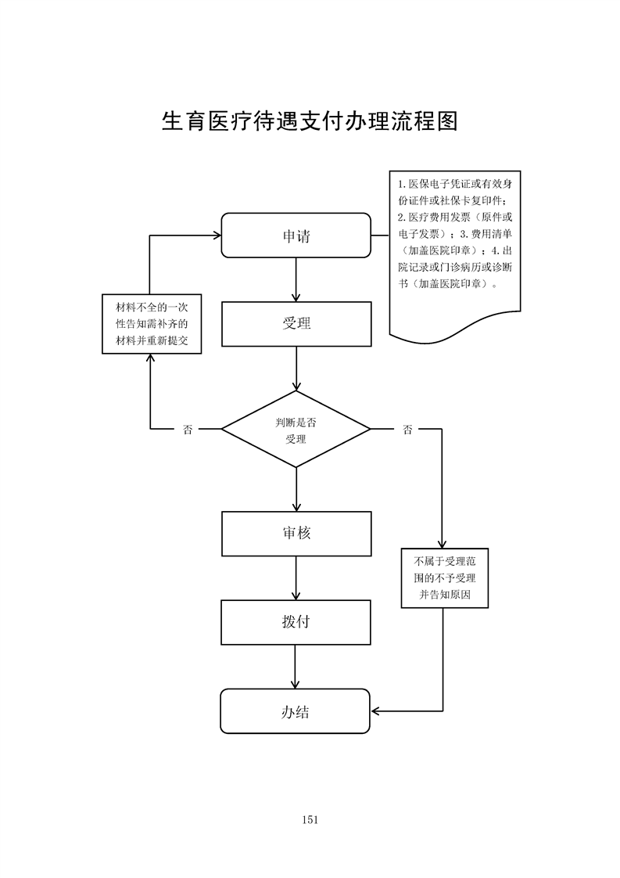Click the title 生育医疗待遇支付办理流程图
coord(309,121)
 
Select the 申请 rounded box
coord(296,235)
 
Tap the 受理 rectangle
coord(296,324)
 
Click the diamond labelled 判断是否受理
coord(296,430)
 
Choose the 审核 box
coord(296,534)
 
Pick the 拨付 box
coord(296,622)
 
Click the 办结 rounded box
coord(295,711)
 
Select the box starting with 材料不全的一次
coord(152,324)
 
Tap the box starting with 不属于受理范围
coord(443,578)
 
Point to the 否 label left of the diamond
coord(188,430)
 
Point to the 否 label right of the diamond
coord(407,430)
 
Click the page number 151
coord(309,819)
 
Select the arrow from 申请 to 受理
coord(296,279)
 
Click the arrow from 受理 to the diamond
coord(296,369)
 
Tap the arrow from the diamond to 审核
coord(296,489)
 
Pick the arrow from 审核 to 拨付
coord(296,578)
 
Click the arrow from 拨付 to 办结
coord(296,666)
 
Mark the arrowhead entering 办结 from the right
coord(376,711)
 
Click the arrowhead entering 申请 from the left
coord(216,235)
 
